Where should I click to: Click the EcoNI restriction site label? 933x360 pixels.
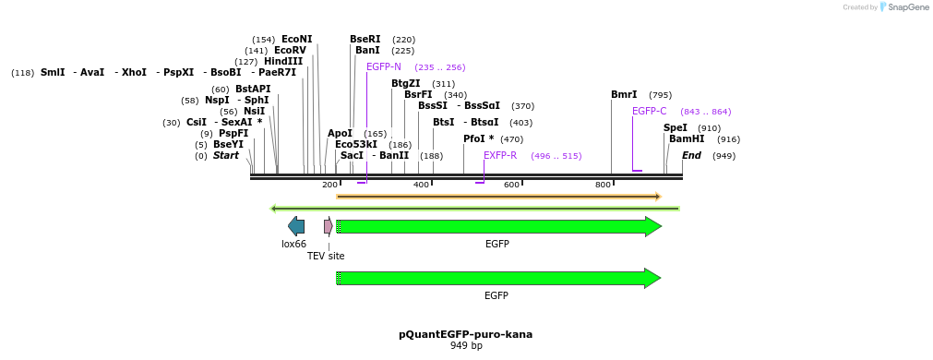(296, 40)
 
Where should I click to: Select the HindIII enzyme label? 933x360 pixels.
(283, 62)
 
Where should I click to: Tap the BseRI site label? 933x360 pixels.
(365, 40)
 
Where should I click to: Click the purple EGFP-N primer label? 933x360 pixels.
(384, 67)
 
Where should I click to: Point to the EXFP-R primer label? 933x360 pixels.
(500, 156)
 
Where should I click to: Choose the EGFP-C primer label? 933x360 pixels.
(649, 112)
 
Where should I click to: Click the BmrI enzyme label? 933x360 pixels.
(624, 95)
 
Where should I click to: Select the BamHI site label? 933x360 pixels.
(687, 139)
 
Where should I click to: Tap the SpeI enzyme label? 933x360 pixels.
(676, 128)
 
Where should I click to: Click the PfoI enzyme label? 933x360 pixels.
(478, 139)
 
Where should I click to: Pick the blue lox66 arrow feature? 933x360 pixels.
(296, 226)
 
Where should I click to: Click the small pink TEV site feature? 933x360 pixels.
(328, 226)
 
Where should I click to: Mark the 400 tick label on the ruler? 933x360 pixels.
(421, 186)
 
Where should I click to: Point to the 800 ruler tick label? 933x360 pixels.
(603, 186)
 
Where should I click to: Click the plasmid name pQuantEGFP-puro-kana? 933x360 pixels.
(466, 334)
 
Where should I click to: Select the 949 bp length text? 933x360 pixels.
(466, 346)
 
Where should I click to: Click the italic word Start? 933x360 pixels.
(226, 156)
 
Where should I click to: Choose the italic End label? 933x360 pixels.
(692, 156)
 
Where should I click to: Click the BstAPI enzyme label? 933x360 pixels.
(253, 90)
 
